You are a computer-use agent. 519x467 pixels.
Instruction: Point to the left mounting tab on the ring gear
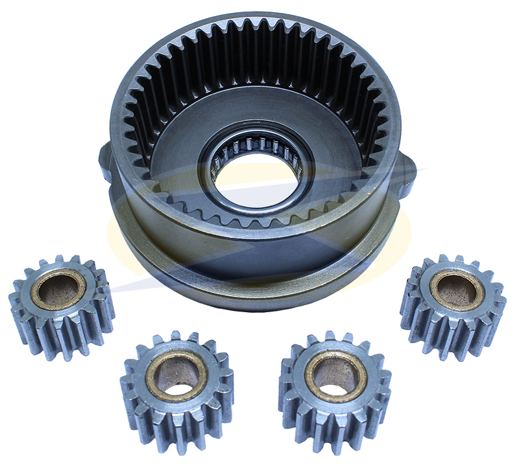click(x=106, y=159)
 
